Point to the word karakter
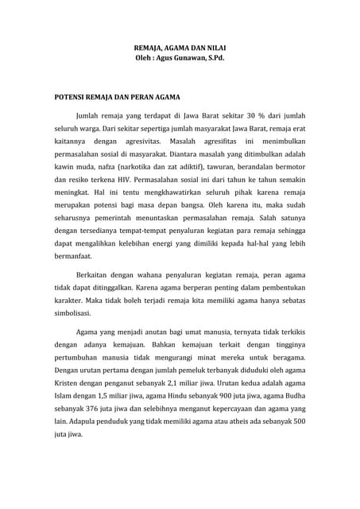(x=69, y=301)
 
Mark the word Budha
(x=292, y=395)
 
